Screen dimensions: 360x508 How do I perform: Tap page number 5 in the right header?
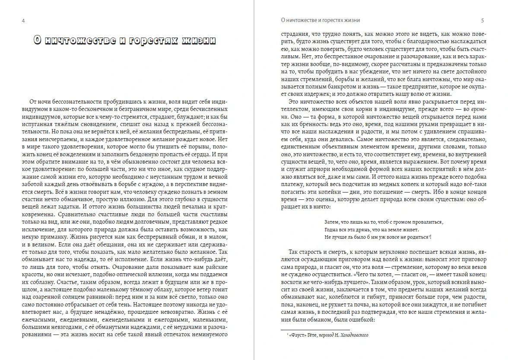483,20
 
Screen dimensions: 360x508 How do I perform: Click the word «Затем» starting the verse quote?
331,221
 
